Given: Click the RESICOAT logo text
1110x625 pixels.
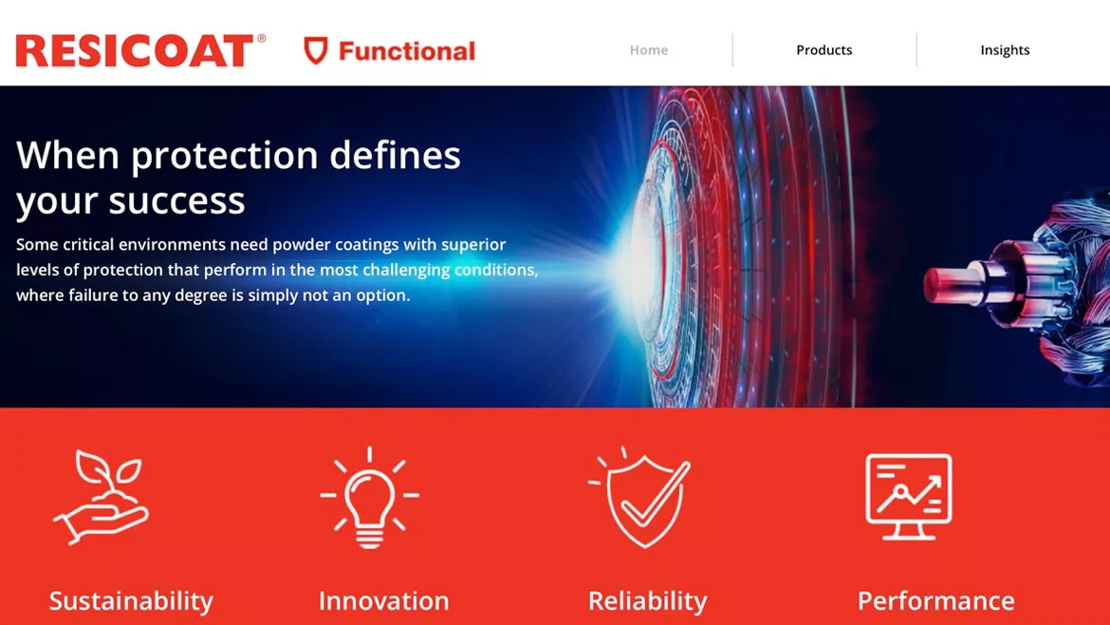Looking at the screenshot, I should point(135,51).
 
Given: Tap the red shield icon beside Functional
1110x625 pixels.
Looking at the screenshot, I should point(315,51).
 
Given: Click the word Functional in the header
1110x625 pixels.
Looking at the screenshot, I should point(407,51).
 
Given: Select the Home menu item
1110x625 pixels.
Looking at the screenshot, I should point(649,50).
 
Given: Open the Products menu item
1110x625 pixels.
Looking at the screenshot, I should point(823,50).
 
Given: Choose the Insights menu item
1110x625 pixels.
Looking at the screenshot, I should point(1005,50).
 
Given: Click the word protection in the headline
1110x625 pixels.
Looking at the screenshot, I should point(224,156).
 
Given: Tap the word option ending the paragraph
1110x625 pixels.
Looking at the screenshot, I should point(379,295).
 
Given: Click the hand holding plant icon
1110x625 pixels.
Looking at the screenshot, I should point(101,496).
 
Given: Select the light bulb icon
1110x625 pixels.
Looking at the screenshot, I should point(369,497).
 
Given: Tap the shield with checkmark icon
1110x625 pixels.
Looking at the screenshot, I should point(640,497).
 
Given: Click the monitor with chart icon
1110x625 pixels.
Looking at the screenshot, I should point(908,497).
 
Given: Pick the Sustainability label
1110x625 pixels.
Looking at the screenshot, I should point(131,601).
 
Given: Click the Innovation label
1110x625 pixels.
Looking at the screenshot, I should point(383,601).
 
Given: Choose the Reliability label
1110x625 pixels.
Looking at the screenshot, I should point(647,601).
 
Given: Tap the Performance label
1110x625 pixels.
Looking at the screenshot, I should point(935,601).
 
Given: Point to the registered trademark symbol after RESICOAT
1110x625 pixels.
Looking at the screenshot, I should point(261,39).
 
